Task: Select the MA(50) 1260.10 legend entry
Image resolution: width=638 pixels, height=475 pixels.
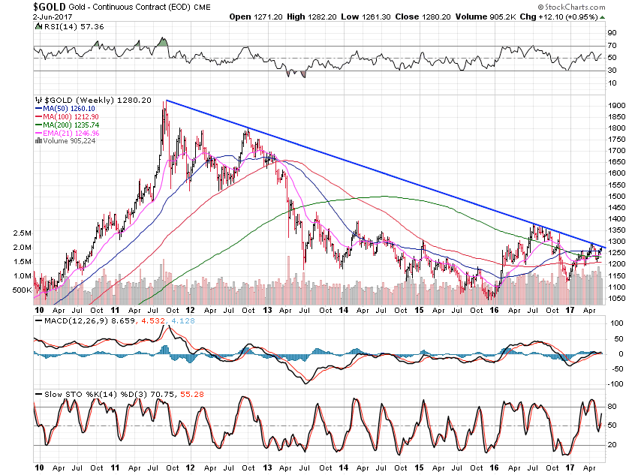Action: (x=65, y=108)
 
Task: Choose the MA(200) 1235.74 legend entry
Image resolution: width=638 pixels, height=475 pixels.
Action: (x=68, y=125)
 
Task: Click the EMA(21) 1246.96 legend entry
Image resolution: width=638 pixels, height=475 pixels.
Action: (x=68, y=133)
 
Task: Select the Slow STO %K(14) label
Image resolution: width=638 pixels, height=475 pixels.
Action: (x=74, y=395)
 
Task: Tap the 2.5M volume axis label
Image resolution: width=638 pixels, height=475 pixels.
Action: (x=21, y=233)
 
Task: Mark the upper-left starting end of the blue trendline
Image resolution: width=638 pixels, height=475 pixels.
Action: (x=166, y=101)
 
